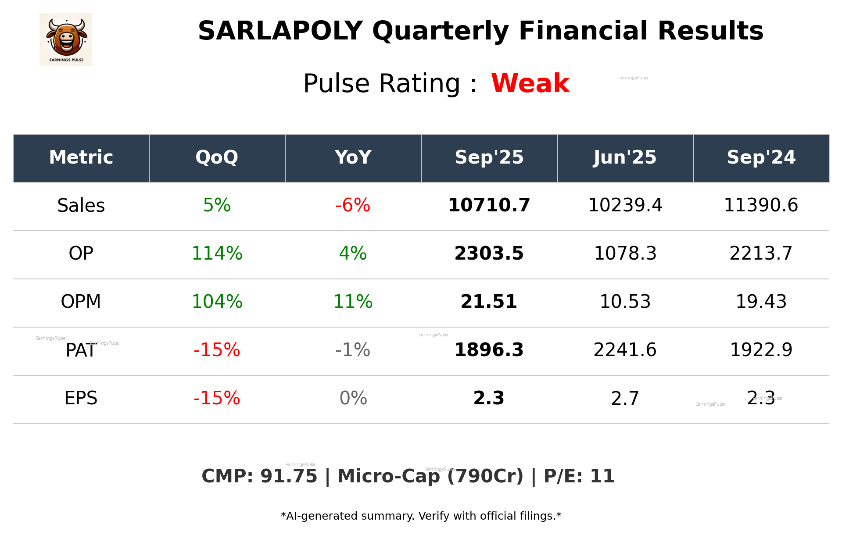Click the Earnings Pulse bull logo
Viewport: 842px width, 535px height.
pos(66,39)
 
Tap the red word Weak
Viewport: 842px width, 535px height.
pos(530,83)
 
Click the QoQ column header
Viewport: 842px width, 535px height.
pos(217,157)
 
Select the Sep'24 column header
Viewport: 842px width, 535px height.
pos(761,157)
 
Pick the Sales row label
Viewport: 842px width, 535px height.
pos(81,206)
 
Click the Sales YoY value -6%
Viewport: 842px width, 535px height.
pos(353,206)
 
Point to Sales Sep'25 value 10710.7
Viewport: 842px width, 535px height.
pos(489,206)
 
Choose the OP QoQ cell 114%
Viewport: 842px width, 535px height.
pos(217,254)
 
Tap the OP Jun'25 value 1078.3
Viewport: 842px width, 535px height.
pos(625,254)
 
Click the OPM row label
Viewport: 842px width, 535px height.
pos(81,302)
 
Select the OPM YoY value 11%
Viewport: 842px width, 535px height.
pos(353,302)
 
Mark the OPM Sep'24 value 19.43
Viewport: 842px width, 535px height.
pos(761,302)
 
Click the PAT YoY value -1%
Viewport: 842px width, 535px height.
pos(353,350)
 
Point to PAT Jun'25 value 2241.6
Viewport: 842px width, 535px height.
pos(625,350)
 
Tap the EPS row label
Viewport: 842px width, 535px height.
pos(81,399)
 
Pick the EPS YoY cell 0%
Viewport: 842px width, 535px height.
pos(353,399)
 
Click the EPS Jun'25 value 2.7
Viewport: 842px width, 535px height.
pos(625,399)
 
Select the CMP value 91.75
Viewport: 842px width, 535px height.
pos(288,477)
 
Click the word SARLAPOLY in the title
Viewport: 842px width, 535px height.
pos(280,32)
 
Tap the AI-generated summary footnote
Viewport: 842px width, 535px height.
pos(421,516)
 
